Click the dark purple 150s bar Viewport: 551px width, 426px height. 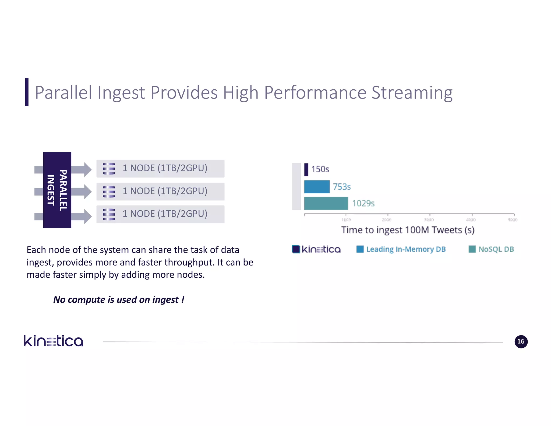(x=306, y=170)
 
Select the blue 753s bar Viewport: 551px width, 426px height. (x=317, y=187)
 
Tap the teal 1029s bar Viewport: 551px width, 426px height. (x=326, y=203)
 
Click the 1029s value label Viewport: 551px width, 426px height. (x=363, y=203)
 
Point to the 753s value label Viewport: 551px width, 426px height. (x=342, y=187)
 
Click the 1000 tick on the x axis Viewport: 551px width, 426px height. (x=346, y=220)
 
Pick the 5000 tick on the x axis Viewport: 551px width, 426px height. (x=513, y=220)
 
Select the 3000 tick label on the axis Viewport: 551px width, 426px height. (x=429, y=220)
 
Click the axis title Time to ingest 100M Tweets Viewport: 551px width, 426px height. (x=408, y=230)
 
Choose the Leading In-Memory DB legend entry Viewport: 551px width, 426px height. (x=401, y=249)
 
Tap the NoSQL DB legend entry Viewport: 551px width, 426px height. (x=491, y=249)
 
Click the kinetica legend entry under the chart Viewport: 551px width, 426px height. (x=316, y=249)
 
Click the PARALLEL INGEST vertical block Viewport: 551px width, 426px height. (x=57, y=190)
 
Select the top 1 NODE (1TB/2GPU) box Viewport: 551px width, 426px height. (x=160, y=169)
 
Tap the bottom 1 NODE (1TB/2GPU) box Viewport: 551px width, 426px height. (x=160, y=214)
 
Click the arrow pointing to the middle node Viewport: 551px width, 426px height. (x=82, y=192)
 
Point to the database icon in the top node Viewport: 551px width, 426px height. (x=109, y=169)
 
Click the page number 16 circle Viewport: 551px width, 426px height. (x=521, y=342)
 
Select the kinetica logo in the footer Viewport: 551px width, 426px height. (x=53, y=341)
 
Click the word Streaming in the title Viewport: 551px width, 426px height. (x=412, y=93)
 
